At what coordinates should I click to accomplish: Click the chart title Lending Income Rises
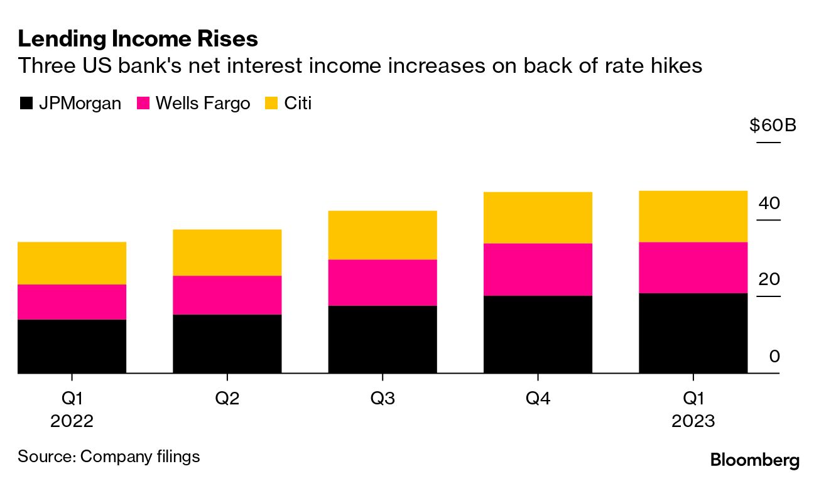[138, 39]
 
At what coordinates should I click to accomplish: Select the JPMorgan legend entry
[70, 103]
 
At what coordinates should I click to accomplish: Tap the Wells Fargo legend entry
[193, 103]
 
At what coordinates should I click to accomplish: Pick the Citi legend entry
[290, 103]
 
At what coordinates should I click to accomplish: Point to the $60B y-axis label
[772, 125]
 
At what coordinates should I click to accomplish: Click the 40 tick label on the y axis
[769, 203]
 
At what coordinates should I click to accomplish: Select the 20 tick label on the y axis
[769, 280]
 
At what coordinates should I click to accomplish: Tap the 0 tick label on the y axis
[774, 357]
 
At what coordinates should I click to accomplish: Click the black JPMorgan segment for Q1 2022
[72, 346]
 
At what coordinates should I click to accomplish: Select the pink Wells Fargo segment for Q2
[227, 295]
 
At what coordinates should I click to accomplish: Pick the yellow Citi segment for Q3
[382, 235]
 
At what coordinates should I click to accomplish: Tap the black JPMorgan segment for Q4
[538, 334]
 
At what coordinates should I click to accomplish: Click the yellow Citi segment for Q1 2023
[693, 216]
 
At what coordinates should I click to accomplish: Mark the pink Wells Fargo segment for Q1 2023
[693, 268]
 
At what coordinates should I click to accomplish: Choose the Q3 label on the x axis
[382, 397]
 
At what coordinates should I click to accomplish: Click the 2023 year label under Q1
[693, 421]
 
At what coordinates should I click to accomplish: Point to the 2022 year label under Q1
[72, 421]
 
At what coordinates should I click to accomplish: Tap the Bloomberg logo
[755, 460]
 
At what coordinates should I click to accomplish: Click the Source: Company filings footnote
[109, 456]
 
